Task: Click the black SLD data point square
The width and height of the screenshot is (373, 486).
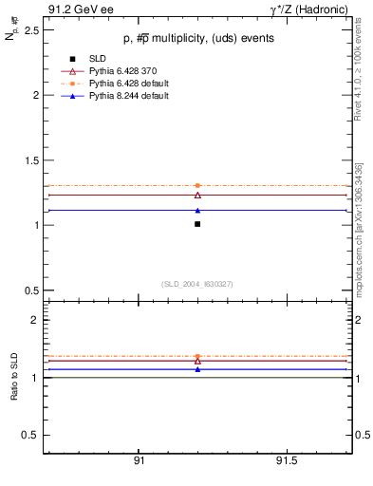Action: point(197,224)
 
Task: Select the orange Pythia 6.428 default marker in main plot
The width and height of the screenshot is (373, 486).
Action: point(197,185)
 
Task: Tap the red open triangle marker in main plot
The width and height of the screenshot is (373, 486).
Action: point(197,195)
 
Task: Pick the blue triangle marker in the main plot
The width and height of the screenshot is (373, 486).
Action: point(197,211)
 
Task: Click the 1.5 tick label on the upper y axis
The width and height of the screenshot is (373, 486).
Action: point(31,160)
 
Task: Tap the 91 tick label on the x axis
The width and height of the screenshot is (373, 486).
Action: point(139,460)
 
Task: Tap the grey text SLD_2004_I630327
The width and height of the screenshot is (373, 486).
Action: point(196,284)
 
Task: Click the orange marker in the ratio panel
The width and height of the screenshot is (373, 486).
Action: point(197,356)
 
